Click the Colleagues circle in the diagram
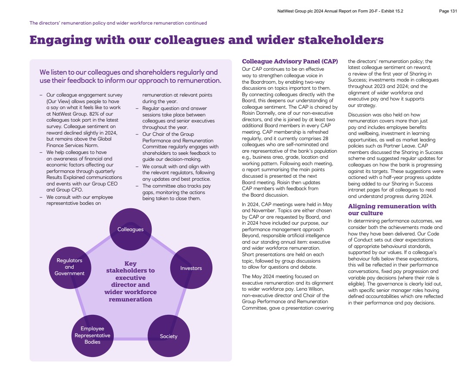point(131,229)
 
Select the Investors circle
point(191,268)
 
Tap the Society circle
point(168,336)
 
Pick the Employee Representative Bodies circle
point(92,335)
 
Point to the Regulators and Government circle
point(69,267)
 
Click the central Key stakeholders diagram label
point(131,281)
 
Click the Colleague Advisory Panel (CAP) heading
point(290,61)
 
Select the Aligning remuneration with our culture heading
point(392,210)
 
